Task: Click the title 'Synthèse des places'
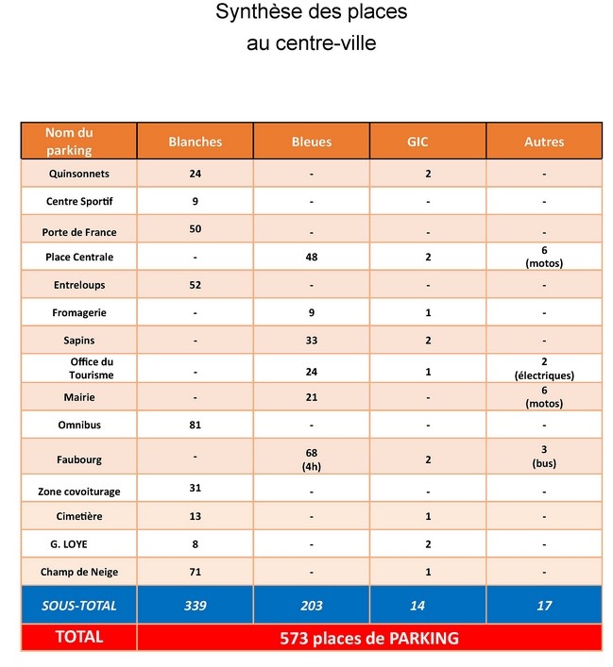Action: (x=311, y=12)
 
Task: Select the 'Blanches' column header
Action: (x=195, y=142)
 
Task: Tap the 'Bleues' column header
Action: (x=312, y=142)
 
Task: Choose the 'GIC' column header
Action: (x=428, y=142)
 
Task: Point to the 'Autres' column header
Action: (x=544, y=142)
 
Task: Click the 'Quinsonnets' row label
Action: (x=79, y=174)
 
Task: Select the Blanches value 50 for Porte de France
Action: (x=195, y=228)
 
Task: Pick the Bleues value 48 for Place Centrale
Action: (x=312, y=257)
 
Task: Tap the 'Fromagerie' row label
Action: (x=79, y=312)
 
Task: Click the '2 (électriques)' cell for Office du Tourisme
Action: (x=544, y=368)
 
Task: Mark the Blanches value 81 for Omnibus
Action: (x=195, y=425)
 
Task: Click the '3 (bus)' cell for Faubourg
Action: (x=544, y=457)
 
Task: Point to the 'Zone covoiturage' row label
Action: (x=79, y=492)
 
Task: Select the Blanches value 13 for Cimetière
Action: (x=195, y=516)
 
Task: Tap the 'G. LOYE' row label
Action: (x=79, y=544)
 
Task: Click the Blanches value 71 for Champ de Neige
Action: (x=195, y=572)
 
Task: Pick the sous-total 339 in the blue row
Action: (x=195, y=606)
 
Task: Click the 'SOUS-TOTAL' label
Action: (x=79, y=606)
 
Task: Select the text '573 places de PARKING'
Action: (x=369, y=638)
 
